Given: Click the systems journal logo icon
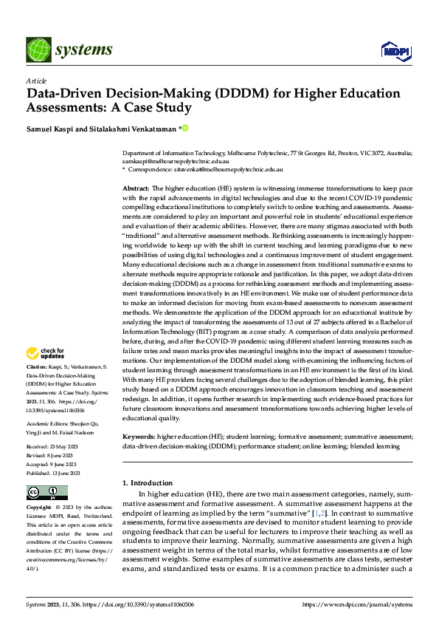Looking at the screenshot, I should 37,49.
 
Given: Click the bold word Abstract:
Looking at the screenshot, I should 136,189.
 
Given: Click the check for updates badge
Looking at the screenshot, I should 46,353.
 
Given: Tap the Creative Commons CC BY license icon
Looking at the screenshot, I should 47,492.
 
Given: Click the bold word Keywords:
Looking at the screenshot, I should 138,437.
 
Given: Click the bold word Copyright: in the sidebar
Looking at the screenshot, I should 40,508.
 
